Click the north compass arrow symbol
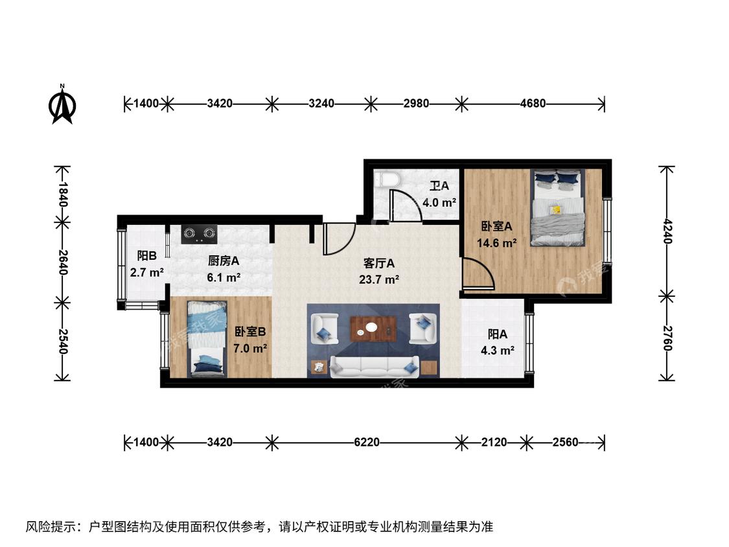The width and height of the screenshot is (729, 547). pos(62,104)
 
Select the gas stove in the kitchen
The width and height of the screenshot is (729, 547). pos(200,234)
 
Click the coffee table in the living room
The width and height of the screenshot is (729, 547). pos(374,329)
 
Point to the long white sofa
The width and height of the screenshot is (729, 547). pos(375,367)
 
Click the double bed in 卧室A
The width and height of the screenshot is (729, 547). pos(557,207)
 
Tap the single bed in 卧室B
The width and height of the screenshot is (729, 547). pos(207,338)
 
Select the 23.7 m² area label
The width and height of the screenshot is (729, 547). pos(379,279)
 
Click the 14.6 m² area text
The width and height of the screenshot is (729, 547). pos(497,243)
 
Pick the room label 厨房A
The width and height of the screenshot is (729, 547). pos(224,261)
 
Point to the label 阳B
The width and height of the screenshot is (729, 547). pos(146,256)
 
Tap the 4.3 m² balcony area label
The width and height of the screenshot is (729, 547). pos(498,350)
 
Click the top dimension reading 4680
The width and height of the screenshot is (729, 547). pos(533,103)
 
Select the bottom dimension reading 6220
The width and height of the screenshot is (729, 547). pos(367,442)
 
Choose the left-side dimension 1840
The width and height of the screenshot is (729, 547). pos(64,194)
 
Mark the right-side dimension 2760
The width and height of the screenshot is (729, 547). pos(667,338)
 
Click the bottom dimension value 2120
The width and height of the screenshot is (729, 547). pos(494,442)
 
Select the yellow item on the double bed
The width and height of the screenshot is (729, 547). pos(555,210)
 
